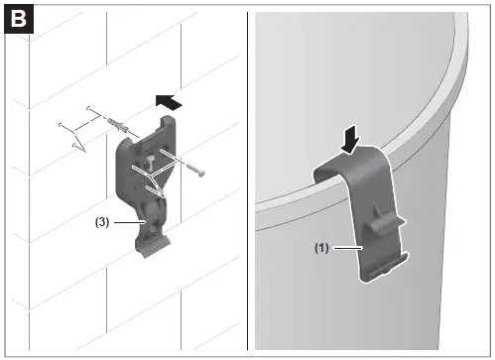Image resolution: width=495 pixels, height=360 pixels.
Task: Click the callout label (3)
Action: click(102, 223)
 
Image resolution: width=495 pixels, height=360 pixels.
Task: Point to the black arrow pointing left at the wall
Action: click(170, 101)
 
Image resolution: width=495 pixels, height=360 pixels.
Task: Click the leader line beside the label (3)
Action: click(127, 223)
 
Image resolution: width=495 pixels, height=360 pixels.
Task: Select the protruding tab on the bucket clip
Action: click(374, 229)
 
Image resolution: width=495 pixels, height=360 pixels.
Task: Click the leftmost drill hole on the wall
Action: click(62, 124)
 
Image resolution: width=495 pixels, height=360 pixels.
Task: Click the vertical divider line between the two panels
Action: click(247, 180)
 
